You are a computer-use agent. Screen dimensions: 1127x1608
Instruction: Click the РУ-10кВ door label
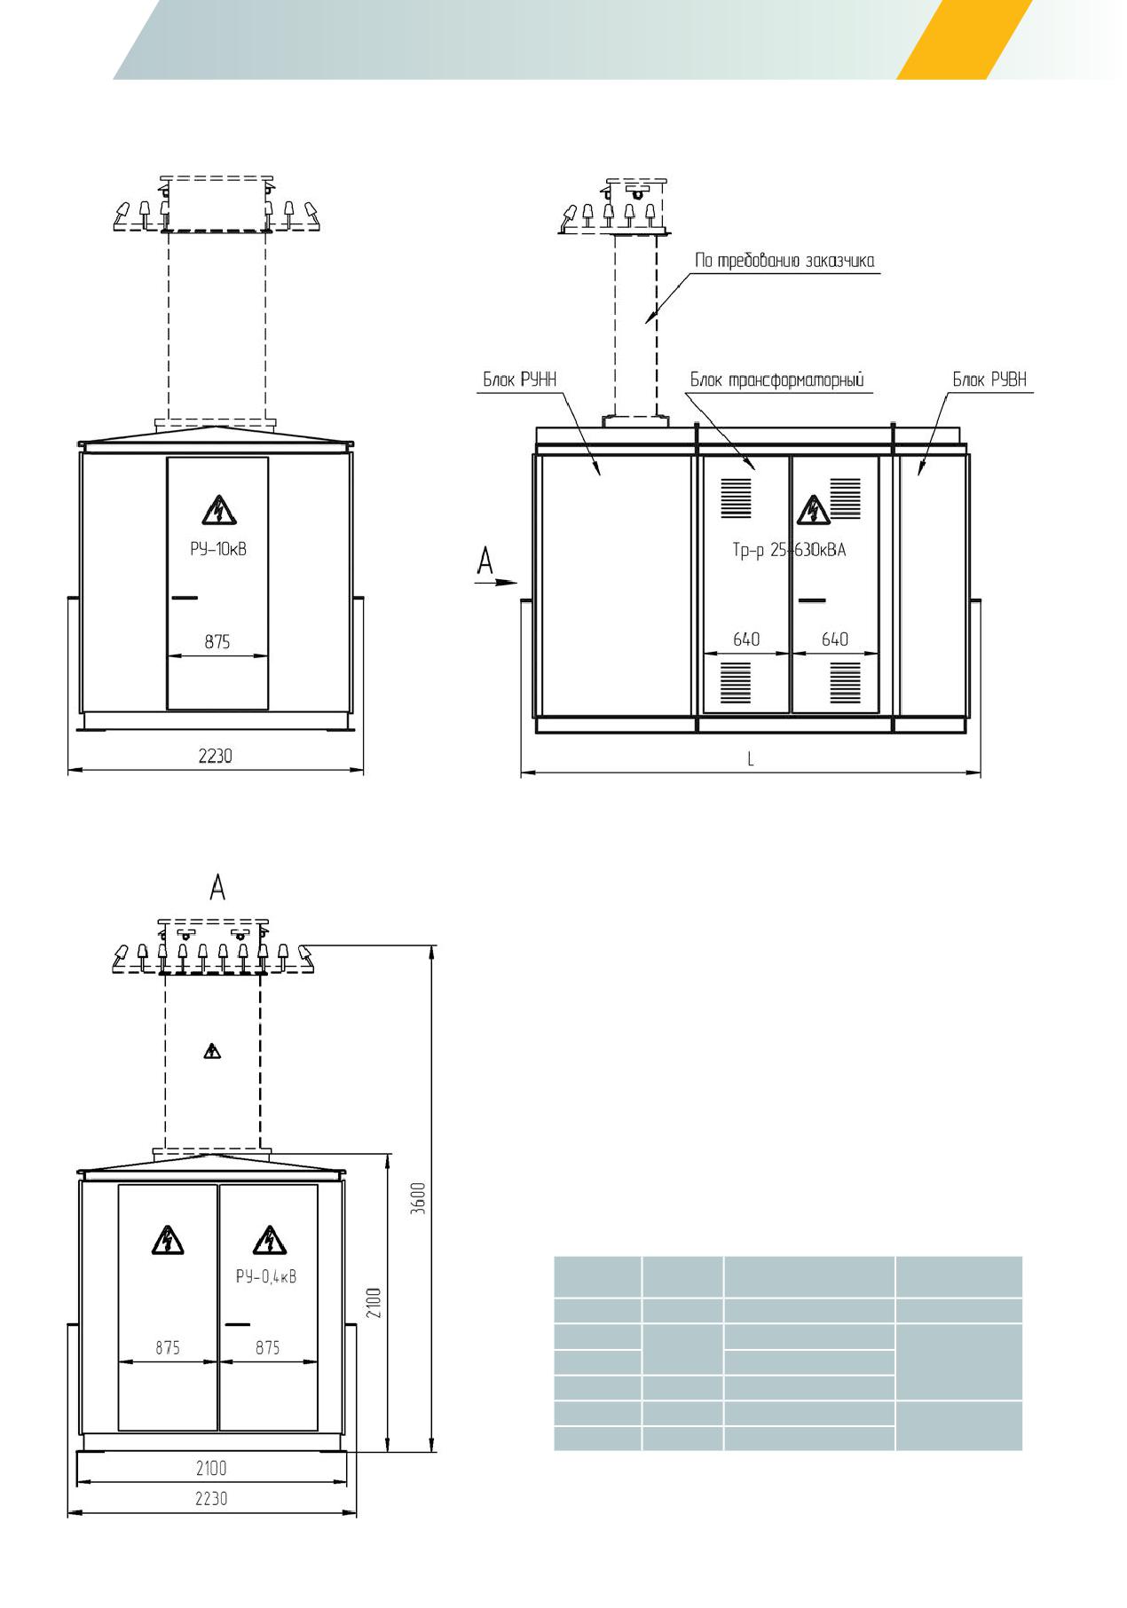pyautogui.click(x=217, y=549)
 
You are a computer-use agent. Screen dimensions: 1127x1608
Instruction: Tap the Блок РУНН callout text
pyautogui.click(x=519, y=380)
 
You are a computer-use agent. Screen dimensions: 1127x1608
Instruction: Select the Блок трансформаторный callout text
pyautogui.click(x=777, y=380)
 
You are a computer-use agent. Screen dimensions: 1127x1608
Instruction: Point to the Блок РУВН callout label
pyautogui.click(x=989, y=380)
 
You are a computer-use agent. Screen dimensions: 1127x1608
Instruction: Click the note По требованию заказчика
pyautogui.click(x=784, y=261)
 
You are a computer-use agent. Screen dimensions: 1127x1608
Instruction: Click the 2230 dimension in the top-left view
pyautogui.click(x=216, y=756)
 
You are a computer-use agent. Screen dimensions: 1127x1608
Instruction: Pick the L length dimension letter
pyautogui.click(x=751, y=759)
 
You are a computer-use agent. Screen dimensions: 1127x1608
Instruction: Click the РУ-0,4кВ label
pyautogui.click(x=265, y=1277)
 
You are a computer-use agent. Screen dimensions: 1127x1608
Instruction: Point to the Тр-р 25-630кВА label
pyautogui.click(x=789, y=550)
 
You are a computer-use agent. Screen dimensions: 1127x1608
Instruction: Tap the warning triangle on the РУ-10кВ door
pyautogui.click(x=217, y=510)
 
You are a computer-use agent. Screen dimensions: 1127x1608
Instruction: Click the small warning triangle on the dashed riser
pyautogui.click(x=211, y=1052)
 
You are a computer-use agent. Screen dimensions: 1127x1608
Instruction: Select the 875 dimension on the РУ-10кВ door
pyautogui.click(x=217, y=641)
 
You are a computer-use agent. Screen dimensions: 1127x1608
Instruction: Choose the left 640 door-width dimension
pyautogui.click(x=746, y=639)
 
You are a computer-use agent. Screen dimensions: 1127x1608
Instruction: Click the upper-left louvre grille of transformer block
pyautogui.click(x=736, y=498)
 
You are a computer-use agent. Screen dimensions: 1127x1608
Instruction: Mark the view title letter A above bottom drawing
pyautogui.click(x=217, y=887)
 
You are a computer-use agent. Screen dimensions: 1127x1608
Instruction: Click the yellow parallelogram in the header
pyautogui.click(x=965, y=40)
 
